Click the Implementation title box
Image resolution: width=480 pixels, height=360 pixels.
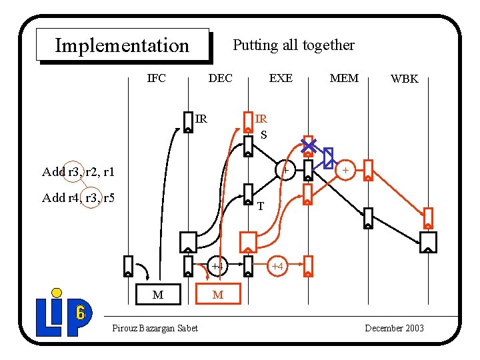tap(123, 45)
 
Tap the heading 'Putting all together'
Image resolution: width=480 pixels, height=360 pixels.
tap(293, 45)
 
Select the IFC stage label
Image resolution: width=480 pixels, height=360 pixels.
tap(156, 78)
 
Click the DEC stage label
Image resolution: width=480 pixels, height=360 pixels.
tap(221, 78)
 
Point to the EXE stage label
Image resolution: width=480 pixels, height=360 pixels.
tap(281, 78)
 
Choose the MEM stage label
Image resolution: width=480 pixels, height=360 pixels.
tap(344, 78)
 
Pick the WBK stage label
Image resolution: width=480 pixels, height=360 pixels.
tap(404, 79)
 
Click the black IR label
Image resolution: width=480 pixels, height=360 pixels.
tap(201, 119)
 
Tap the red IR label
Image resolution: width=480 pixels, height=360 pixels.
tap(261, 119)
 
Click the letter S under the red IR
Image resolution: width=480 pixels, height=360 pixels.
tap(263, 135)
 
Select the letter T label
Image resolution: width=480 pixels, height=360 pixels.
tap(261, 206)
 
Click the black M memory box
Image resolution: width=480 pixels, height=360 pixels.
tap(157, 294)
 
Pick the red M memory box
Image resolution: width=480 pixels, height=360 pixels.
tap(218, 294)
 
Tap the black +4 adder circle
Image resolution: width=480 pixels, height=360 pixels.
tap(218, 267)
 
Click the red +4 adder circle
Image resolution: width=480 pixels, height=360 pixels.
tap(277, 267)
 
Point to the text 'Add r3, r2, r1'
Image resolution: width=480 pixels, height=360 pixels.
tap(78, 172)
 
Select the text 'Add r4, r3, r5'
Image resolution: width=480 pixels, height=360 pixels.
tap(78, 197)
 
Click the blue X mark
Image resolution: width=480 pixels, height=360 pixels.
tap(309, 145)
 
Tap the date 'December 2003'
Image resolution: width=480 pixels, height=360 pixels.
tap(395, 328)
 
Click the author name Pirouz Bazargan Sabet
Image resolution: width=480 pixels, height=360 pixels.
tap(155, 328)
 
